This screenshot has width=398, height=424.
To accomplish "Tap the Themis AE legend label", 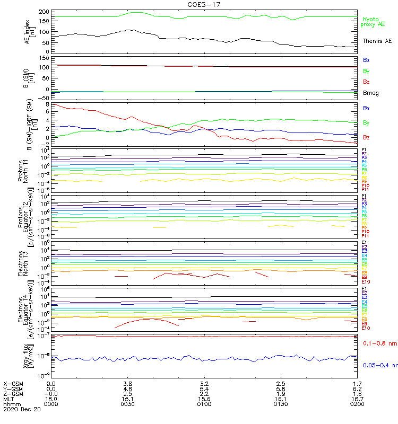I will [377, 41].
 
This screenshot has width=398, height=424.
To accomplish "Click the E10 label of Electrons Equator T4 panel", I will [365, 328].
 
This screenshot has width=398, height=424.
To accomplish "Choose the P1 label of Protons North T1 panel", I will [364, 150].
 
